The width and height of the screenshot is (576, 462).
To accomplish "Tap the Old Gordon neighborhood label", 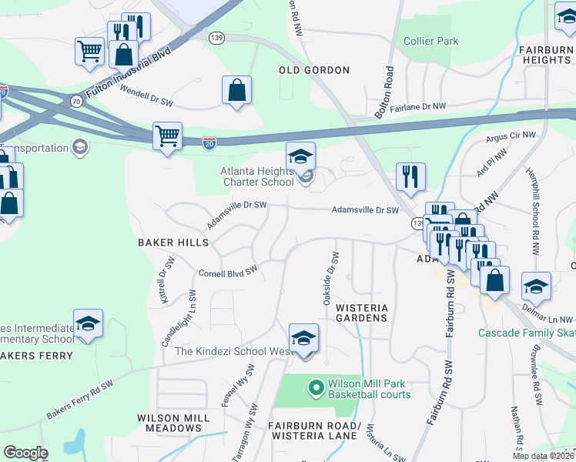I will (x=313, y=70).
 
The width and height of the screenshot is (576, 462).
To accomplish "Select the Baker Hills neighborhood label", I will (x=173, y=243).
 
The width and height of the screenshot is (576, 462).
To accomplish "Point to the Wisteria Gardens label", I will (x=361, y=313).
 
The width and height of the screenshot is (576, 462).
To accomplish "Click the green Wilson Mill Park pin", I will (x=315, y=387).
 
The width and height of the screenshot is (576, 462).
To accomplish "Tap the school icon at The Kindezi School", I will (x=303, y=339).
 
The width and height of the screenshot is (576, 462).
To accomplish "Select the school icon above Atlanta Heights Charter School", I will (x=301, y=156).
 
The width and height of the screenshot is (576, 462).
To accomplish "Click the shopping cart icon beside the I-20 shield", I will (x=167, y=136).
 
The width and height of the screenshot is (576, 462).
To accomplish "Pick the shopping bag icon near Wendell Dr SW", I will (x=236, y=89).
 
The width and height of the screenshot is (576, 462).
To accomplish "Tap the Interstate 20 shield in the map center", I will (x=210, y=142).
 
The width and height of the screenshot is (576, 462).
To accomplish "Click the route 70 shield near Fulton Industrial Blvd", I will (x=75, y=101).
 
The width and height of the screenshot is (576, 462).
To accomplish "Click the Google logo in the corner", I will (x=25, y=453).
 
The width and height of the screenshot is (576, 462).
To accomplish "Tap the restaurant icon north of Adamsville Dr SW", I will (x=410, y=176).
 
